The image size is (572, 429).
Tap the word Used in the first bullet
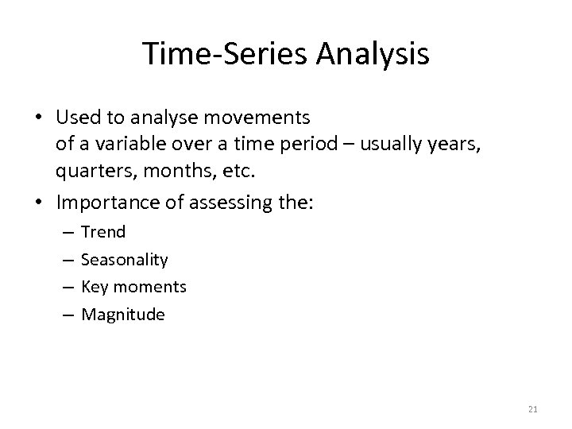[75, 118]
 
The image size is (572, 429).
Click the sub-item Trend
[103, 232]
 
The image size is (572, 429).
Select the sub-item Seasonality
[125, 260]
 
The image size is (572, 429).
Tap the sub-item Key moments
[133, 287]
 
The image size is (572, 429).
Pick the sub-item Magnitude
[123, 315]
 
